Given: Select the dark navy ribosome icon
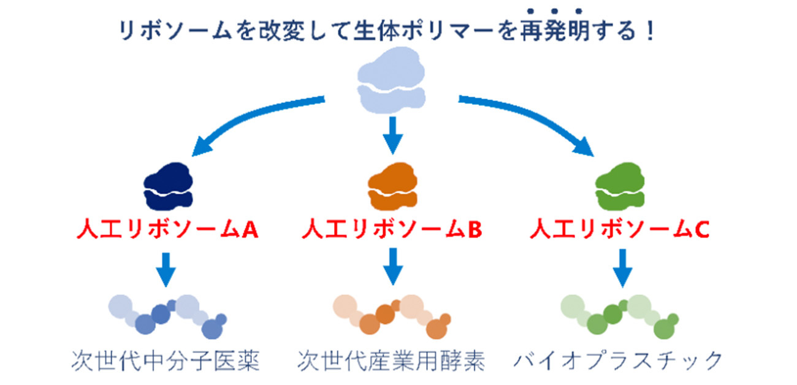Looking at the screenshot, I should pos(168,184).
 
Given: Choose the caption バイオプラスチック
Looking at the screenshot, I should pos(618,360).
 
